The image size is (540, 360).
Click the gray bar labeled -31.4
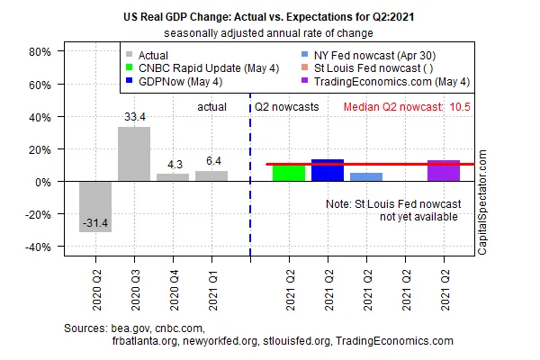tap(95, 207)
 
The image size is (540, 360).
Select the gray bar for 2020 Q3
tap(134, 154)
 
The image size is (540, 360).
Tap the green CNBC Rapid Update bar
tap(289, 174)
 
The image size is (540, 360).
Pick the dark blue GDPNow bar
tap(328, 170)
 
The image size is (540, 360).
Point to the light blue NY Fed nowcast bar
tap(366, 177)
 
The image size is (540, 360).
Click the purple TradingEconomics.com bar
tap(444, 170)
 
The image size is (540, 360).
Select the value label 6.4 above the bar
tap(213, 161)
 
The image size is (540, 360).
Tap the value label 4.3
tap(175, 165)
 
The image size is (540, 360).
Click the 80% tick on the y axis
tap(40, 52)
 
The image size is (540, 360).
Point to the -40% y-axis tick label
tap(38, 247)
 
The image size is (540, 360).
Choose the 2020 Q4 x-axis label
tap(175, 291)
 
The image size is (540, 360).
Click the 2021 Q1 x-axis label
tap(212, 291)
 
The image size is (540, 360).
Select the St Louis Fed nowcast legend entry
tap(367, 68)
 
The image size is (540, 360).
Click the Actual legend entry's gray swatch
tap(129, 54)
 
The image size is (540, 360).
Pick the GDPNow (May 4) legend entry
tap(175, 82)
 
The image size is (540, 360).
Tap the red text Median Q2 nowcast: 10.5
tap(407, 107)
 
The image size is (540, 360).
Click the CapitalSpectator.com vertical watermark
tap(482, 202)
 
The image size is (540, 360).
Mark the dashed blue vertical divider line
tap(250, 175)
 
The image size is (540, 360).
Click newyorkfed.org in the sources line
tap(220, 341)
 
